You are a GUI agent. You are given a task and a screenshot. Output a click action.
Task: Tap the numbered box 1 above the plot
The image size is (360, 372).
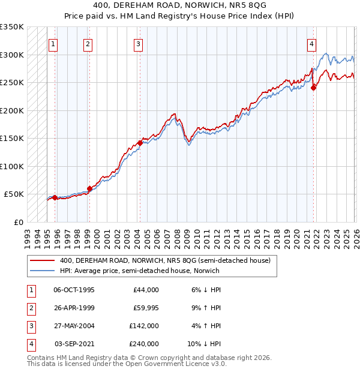(x=54, y=44)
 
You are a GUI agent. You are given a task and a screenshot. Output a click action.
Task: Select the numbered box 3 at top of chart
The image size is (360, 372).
(x=139, y=44)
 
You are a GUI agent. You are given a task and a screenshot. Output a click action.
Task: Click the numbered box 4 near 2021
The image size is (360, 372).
(x=312, y=44)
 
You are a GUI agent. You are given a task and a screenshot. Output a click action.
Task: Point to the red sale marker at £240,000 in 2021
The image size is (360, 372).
(x=313, y=88)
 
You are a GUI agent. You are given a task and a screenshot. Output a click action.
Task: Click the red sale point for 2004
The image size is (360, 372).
(x=140, y=143)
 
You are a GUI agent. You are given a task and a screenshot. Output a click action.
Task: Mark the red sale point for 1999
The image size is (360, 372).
(x=89, y=188)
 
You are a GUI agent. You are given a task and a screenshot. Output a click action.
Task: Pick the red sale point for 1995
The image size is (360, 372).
(x=55, y=197)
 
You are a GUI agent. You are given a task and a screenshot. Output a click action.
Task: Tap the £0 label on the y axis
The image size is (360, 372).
(x=18, y=222)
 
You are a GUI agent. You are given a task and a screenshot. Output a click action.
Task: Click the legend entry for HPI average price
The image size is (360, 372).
(x=139, y=271)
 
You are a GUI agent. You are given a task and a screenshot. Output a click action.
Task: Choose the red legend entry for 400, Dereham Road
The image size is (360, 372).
(x=166, y=260)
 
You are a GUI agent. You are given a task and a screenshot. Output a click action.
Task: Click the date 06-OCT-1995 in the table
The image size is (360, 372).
(x=74, y=290)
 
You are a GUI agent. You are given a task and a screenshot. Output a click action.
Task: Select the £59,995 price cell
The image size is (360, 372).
(x=144, y=308)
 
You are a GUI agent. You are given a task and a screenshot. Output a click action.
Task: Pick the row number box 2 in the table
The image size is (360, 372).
(x=29, y=308)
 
